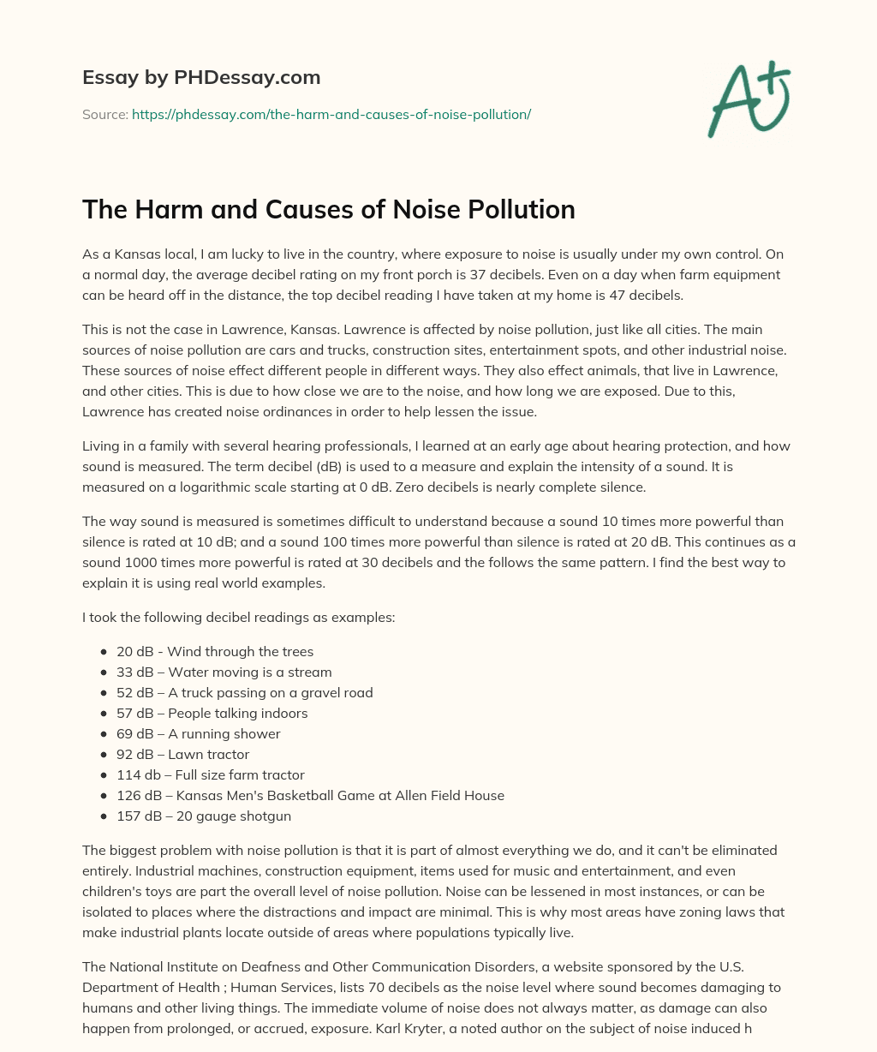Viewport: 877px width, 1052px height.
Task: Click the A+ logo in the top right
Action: (749, 101)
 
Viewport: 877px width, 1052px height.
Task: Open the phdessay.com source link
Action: (331, 114)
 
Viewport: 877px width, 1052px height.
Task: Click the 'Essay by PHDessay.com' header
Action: (201, 78)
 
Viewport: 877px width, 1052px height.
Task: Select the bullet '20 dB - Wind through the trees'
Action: (215, 652)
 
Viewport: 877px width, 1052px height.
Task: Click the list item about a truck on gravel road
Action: (245, 693)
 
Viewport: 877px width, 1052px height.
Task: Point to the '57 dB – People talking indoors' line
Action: (212, 714)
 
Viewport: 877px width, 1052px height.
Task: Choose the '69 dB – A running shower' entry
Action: (199, 734)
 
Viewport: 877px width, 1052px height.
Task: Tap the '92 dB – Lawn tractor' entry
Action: (183, 755)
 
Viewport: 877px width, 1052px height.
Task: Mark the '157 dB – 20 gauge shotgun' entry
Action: (204, 816)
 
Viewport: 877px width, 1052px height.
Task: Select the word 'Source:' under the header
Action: (105, 114)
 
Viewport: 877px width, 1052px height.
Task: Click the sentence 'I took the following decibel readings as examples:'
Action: (239, 618)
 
